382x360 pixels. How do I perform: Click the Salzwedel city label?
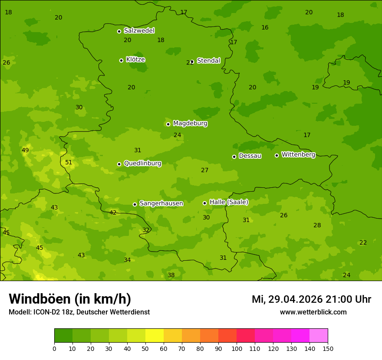tap(139, 31)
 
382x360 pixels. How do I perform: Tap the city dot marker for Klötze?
tap(121, 60)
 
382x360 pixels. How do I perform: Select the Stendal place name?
tap(208, 61)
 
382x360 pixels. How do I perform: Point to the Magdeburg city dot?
tap(168, 124)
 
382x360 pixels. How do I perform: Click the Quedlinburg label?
tap(142, 164)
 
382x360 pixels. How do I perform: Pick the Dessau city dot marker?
tap(234, 157)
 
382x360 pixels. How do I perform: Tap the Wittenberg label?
tap(298, 154)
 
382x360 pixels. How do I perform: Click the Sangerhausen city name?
tap(161, 203)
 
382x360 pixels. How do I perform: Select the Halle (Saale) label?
tap(229, 202)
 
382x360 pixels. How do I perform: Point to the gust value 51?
tap(69, 163)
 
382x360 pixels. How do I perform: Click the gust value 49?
tap(25, 151)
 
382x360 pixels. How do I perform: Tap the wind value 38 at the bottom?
tap(171, 275)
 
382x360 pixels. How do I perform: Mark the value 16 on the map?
tap(265, 28)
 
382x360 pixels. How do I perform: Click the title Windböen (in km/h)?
tap(70, 299)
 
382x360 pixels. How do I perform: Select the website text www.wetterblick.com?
tap(313, 312)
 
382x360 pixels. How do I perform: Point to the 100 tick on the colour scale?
tap(237, 348)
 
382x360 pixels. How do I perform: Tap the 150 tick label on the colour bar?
tap(327, 348)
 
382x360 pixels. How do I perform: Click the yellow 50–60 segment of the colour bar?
tap(155, 336)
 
